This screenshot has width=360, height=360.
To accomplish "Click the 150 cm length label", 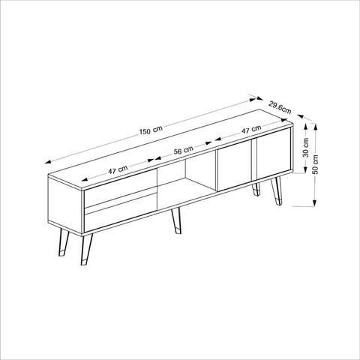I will (151, 130).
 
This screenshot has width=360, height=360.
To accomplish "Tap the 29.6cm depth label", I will (279, 109).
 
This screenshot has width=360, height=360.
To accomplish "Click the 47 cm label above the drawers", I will (118, 171).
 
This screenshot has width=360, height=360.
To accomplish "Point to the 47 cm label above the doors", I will (240, 132).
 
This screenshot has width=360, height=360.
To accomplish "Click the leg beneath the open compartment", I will (175, 224).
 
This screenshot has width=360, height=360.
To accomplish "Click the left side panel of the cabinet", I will (55, 202).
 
